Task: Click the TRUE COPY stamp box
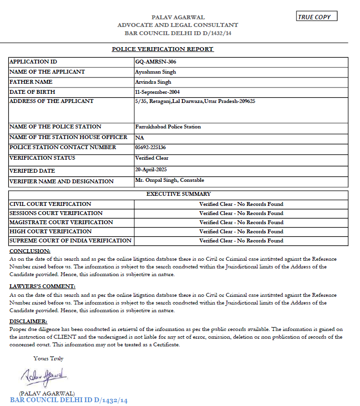317,17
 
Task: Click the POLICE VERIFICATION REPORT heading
163,49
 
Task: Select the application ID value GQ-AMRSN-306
153,62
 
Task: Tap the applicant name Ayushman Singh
156,72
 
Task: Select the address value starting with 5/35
195,101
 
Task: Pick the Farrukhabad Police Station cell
168,127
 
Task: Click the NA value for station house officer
140,137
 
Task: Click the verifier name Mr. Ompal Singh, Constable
170,180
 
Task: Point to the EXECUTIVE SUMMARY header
179,194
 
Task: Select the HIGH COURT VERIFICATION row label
44,231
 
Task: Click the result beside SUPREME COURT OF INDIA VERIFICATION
241,241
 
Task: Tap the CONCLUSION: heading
30,251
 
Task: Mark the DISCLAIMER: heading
28,321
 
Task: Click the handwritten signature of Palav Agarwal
44,374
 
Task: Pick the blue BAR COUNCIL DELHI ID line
68,400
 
